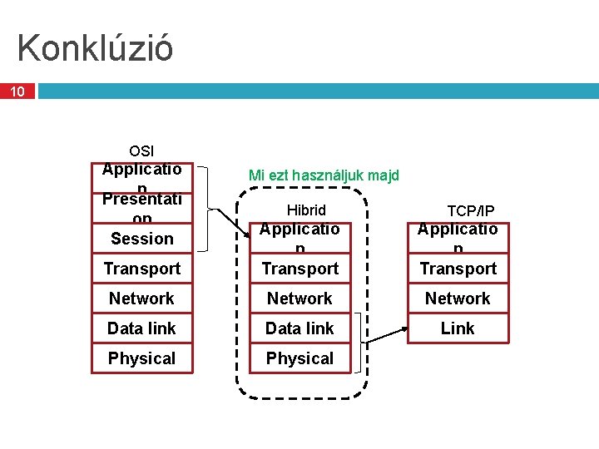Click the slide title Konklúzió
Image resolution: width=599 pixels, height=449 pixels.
tap(95, 48)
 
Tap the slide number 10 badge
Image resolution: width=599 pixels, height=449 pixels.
tap(17, 91)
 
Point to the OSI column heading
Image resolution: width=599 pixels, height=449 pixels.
tap(141, 150)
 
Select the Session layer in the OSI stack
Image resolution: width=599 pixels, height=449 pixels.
tap(141, 239)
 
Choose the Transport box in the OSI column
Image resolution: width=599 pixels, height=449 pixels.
tap(141, 269)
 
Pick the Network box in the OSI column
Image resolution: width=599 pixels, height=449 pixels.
tap(141, 299)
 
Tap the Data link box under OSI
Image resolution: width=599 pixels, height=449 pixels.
tap(141, 328)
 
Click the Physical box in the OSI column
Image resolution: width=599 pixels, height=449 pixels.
tap(141, 358)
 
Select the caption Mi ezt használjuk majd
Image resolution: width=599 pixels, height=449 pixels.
tap(324, 175)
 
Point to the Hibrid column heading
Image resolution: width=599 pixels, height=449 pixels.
tap(306, 210)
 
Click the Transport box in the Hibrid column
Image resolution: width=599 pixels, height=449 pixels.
tap(299, 269)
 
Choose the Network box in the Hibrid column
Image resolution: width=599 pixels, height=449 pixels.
tap(299, 299)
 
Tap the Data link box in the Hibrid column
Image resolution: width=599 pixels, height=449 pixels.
tap(299, 328)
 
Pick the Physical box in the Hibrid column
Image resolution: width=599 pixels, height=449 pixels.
tap(299, 358)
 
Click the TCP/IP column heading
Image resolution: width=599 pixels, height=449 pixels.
tap(471, 210)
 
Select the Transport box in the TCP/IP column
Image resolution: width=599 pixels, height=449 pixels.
tap(458, 269)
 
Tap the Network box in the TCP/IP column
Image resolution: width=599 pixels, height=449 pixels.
tap(458, 299)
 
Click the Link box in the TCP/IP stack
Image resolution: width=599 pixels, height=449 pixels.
tap(458, 328)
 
